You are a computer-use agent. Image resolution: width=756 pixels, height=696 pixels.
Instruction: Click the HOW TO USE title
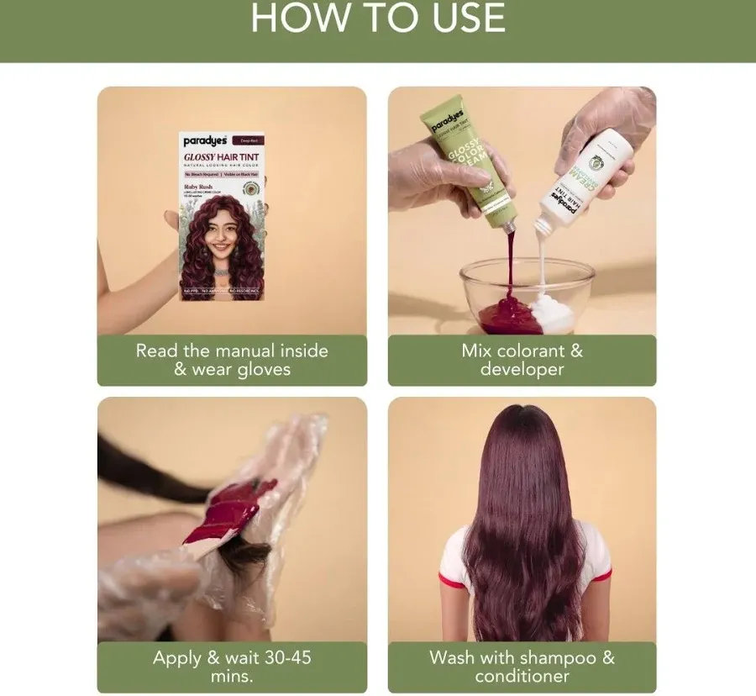tap(378, 18)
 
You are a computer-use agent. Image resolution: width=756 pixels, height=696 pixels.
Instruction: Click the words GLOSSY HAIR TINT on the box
tap(222, 157)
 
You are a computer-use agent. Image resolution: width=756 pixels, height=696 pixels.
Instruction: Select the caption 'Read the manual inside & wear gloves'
tap(232, 360)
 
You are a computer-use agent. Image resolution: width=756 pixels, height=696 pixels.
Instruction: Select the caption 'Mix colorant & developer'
tap(522, 360)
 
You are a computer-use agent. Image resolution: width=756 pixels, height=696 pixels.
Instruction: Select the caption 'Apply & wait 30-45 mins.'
tap(232, 666)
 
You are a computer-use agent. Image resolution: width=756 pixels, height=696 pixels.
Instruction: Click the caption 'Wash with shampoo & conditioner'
tap(522, 666)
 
